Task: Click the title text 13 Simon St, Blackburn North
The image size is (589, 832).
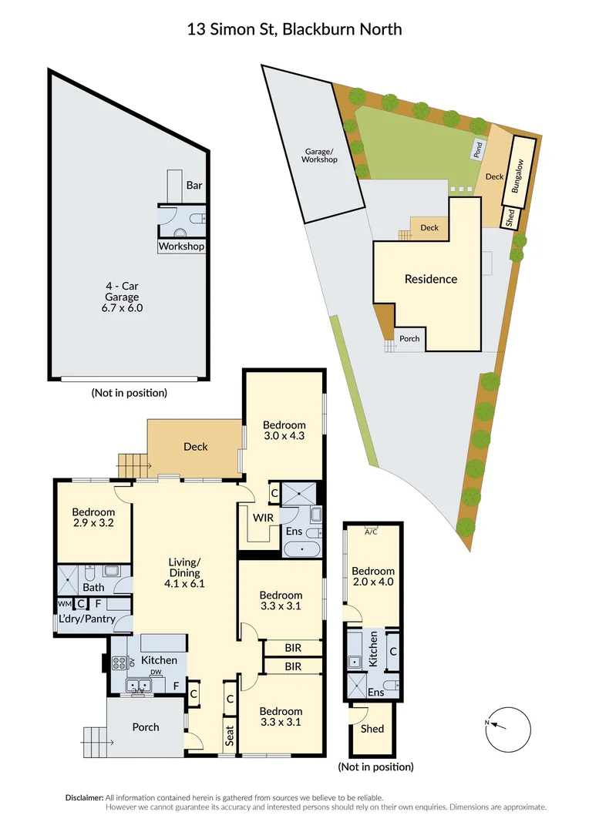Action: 294,29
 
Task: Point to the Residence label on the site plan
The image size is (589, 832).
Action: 431,279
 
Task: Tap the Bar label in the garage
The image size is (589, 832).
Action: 195,186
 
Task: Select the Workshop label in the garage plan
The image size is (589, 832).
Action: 181,247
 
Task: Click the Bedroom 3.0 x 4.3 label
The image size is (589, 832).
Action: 284,430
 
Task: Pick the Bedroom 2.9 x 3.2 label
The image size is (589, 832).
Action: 93,518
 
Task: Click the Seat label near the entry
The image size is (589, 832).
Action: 230,736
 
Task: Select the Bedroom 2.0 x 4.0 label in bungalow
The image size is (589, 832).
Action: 373,576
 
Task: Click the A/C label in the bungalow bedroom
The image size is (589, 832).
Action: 372,531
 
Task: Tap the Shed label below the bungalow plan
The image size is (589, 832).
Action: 372,728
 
